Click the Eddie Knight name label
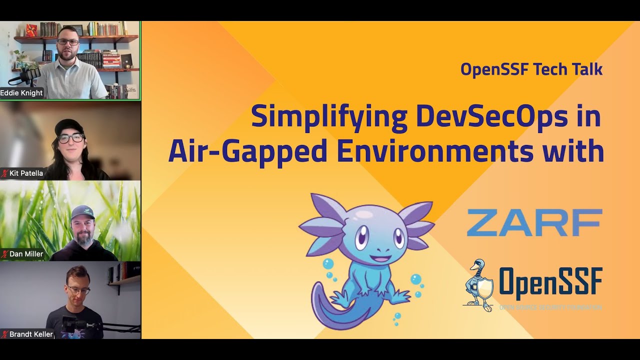click(21, 93)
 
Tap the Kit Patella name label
click(26, 173)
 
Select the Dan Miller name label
click(26, 254)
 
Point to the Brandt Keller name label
click(31, 334)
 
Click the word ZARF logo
click(534, 222)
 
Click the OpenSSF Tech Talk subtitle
click(531, 69)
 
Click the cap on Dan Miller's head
click(82, 212)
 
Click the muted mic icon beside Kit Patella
click(5, 173)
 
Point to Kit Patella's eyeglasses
click(70, 137)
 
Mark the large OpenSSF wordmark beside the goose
click(550, 283)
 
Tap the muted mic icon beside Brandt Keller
click(5, 334)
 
